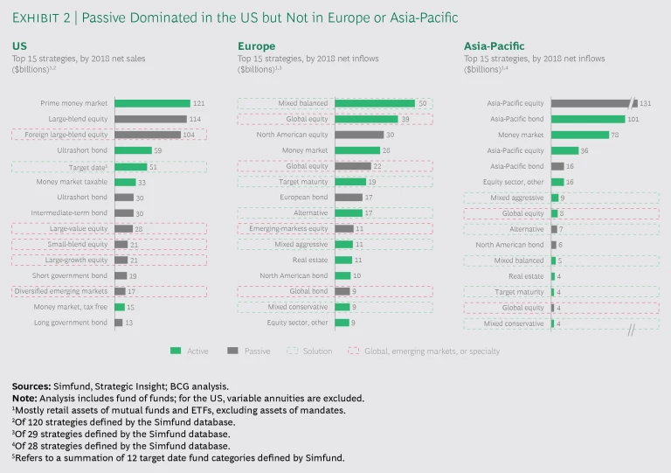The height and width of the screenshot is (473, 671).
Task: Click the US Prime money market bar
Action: (x=151, y=103)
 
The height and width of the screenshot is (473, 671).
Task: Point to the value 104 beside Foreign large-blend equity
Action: (x=188, y=135)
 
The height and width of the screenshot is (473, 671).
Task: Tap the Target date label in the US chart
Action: (x=89, y=166)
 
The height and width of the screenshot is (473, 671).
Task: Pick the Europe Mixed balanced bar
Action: (x=374, y=103)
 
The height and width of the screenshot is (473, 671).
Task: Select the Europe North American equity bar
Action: (x=358, y=135)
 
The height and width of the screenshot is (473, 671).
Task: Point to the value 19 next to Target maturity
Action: (x=372, y=182)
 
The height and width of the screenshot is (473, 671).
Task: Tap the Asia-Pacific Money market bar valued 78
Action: (x=580, y=135)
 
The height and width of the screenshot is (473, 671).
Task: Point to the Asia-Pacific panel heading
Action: (x=495, y=45)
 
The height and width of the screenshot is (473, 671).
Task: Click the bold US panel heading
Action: (x=18, y=45)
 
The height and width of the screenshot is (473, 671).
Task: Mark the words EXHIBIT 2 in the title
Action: (x=43, y=18)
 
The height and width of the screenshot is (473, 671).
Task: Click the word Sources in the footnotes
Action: (x=31, y=386)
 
